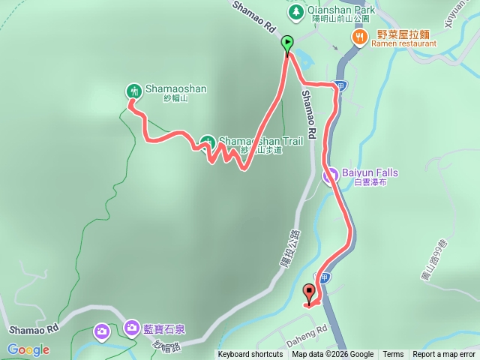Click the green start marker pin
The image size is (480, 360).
287,44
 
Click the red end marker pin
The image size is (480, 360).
310,294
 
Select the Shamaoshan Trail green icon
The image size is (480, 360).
208,141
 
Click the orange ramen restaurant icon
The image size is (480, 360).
361,35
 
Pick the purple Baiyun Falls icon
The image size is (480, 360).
330,176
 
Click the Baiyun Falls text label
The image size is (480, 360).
370,172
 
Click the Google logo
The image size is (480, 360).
28,349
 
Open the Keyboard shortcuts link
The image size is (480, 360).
250,355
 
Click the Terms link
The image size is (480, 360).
393,355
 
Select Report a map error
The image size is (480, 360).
444,355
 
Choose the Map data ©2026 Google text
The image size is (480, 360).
333,355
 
